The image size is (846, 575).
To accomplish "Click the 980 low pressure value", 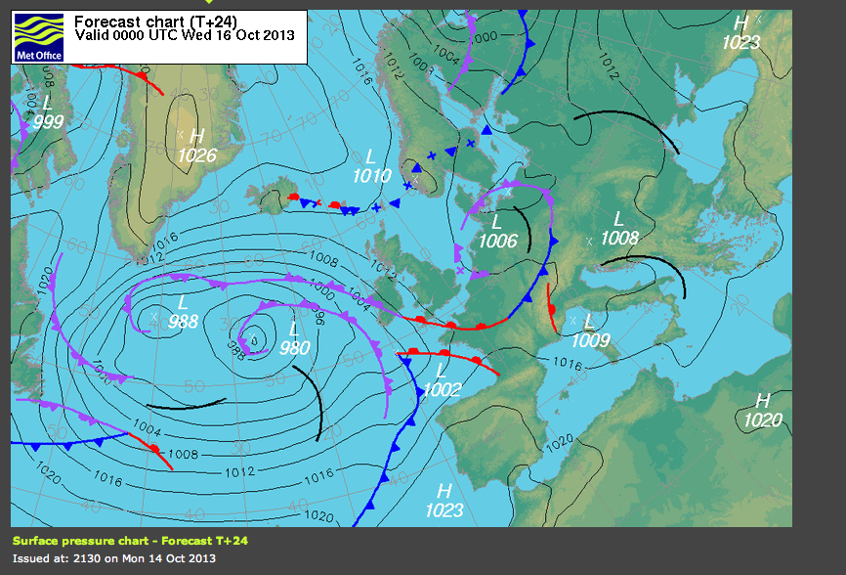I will [294, 348].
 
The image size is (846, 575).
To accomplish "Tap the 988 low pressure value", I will [183, 321].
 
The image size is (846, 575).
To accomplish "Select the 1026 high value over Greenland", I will [197, 155].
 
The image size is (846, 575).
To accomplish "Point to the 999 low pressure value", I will [48, 121].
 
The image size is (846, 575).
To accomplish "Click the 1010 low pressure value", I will [371, 176].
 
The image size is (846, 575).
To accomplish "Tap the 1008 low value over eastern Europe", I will [619, 238].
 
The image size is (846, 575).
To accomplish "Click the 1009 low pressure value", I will [590, 340].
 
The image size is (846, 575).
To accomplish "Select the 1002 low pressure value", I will [442, 389].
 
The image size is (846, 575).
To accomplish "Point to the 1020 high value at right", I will [763, 420].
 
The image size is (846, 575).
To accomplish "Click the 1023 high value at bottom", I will [444, 509].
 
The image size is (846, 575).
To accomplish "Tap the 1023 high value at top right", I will [740, 42].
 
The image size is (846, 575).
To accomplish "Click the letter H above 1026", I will [197, 136].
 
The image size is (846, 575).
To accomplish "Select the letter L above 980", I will [294, 330].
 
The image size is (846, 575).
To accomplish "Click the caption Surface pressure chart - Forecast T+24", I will [137, 540].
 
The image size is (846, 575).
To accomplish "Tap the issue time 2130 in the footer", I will [90, 558].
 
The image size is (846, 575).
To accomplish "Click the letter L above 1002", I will [442, 371].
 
